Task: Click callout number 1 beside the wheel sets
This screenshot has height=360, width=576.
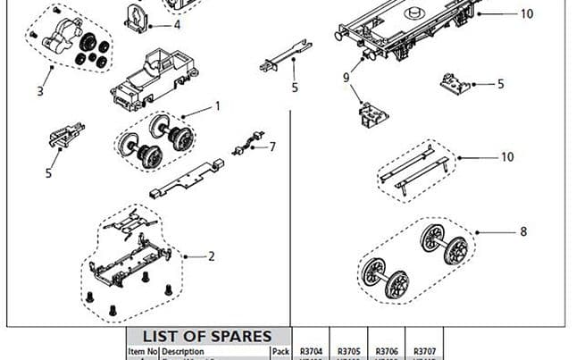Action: point(217,105)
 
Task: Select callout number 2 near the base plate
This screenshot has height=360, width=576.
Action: point(212,256)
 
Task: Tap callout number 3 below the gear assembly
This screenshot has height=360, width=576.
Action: point(40,90)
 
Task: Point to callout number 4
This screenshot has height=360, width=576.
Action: point(177,25)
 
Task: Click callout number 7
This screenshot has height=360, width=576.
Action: point(272,146)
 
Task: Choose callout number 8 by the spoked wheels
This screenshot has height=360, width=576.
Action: point(522,232)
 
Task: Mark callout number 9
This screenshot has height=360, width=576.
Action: point(346,78)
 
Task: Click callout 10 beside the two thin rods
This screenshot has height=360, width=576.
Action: point(507,157)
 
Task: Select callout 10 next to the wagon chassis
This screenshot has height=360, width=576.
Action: point(526,14)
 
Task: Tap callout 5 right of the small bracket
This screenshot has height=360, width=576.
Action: point(500,84)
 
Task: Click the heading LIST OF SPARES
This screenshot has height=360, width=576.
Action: point(207,337)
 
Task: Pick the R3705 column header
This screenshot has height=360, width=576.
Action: point(348,352)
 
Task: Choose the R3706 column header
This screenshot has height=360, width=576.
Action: point(388,352)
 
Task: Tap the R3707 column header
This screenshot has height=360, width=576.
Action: point(425,352)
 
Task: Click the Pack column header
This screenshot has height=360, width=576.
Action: point(280,352)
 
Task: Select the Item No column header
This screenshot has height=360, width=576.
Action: point(142,352)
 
